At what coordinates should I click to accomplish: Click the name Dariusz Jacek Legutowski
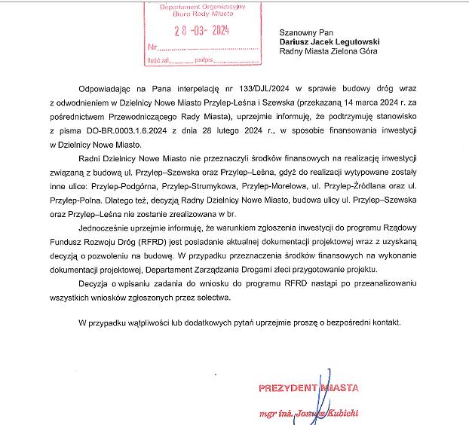coord(329,42)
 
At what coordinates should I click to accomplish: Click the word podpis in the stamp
coord(204,60)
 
